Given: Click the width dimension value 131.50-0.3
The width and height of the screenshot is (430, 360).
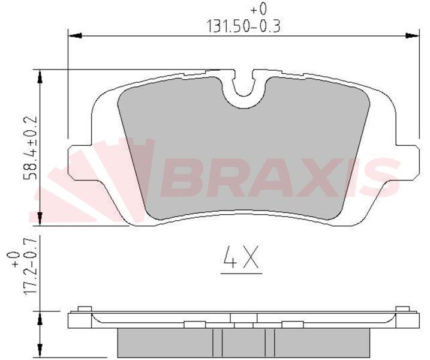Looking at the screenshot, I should (245, 26).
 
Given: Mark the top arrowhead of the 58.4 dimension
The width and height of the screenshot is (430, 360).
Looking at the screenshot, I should (40, 76).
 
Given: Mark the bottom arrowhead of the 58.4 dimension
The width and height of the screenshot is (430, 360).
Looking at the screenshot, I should (40, 218).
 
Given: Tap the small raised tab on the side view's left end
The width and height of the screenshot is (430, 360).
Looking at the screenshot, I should (84, 309).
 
